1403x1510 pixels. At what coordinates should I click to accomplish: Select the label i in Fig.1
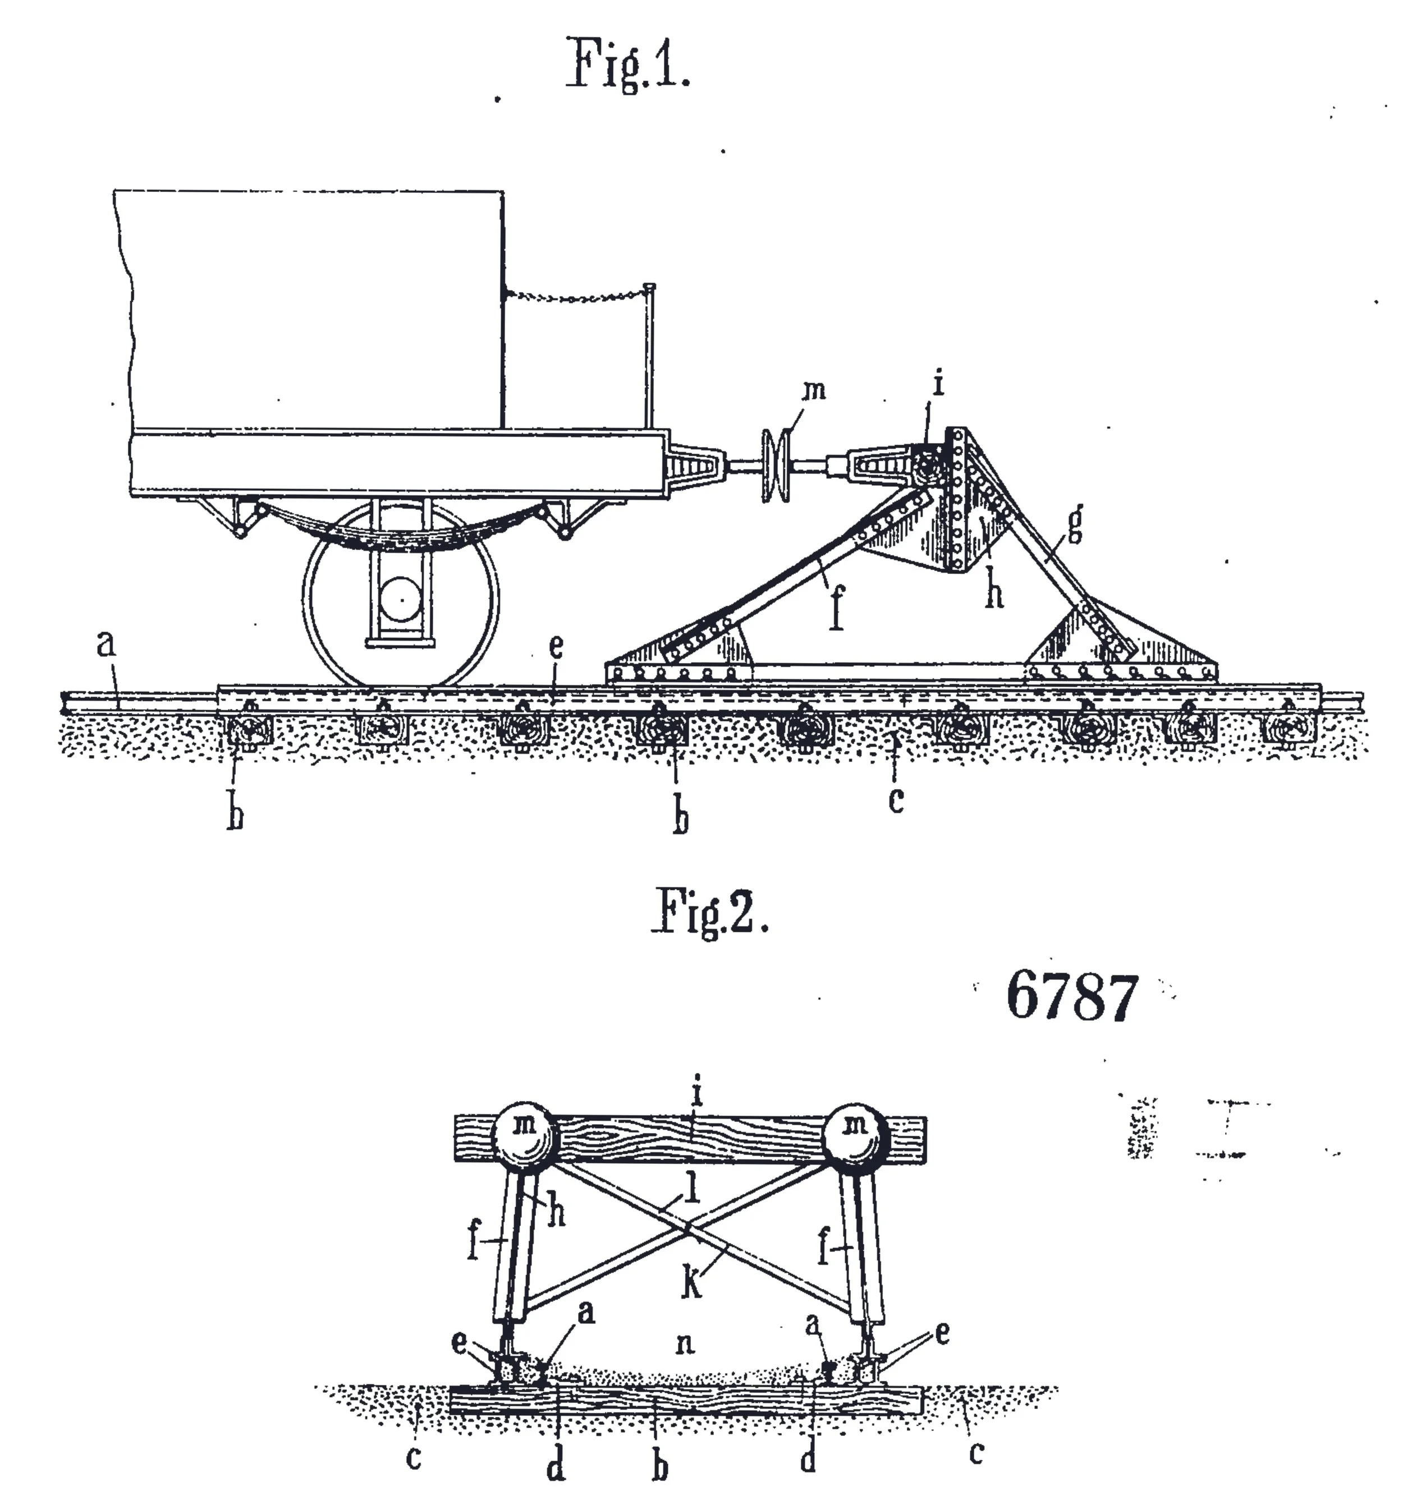click(938, 383)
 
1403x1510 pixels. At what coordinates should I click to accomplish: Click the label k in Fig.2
click(691, 1283)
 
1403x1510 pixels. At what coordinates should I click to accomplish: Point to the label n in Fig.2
click(684, 1345)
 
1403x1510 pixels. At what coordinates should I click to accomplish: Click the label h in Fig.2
click(557, 1213)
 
